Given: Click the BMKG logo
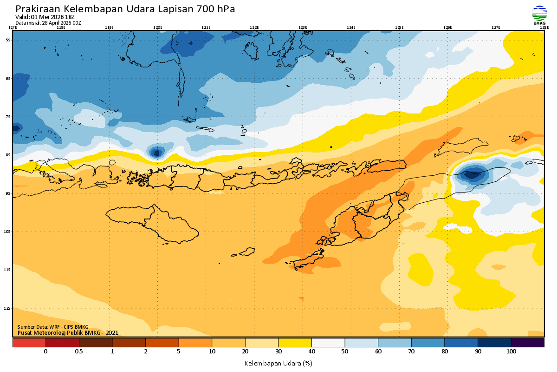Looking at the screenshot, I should coord(539,15).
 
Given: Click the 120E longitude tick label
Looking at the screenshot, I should coord(157,27).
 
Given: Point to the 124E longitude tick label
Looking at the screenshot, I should coord(351,27).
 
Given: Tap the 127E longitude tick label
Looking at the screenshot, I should coord(496,27).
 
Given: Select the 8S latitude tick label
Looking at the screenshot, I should coord(8,155).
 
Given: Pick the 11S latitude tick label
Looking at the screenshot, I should coord(8,270).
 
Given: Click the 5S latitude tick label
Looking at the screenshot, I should coord(8,40).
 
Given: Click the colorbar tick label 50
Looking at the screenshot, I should coord(345,352).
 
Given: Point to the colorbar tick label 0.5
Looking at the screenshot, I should coord(79,352).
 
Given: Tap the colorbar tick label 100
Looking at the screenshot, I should coord(511,352).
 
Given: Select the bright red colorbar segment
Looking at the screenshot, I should coord(29,343).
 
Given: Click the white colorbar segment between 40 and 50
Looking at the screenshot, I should coord(328,343).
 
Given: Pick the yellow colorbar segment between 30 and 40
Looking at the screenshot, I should coord(295,343).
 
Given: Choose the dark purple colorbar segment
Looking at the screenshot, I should coord(527,343).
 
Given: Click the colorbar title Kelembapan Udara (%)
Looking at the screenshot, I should coord(278,363).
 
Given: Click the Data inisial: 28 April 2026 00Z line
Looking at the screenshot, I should coord(48,22).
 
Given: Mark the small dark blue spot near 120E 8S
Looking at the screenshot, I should coord(156,152).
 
